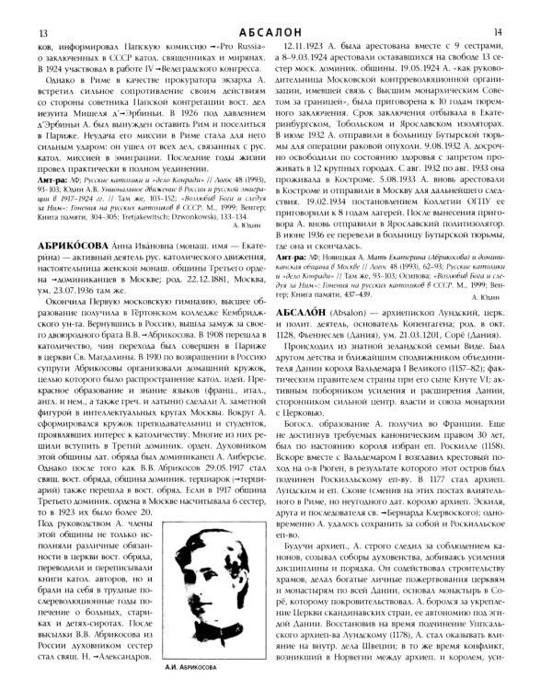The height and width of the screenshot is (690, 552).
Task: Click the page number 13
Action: (x=17, y=8)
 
